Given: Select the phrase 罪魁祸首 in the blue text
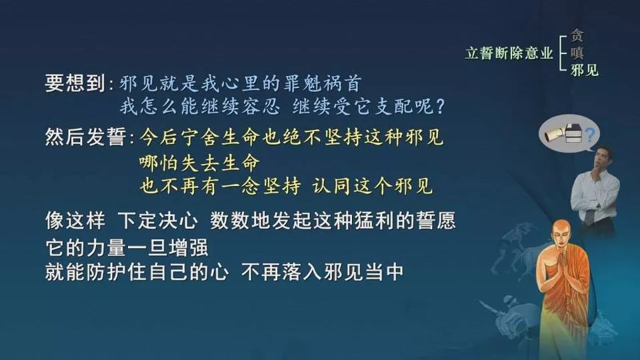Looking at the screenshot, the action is click(321, 83).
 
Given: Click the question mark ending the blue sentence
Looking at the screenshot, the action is click(440, 107).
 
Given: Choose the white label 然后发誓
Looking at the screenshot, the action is click(85, 137).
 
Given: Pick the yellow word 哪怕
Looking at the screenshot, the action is click(159, 163).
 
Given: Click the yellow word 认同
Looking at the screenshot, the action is click(332, 186).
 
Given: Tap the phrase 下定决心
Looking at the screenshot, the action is click(158, 221).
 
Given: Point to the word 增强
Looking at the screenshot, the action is click(189, 247).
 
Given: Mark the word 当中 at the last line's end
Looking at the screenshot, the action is click(385, 272).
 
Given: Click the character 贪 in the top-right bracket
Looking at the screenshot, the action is click(577, 35).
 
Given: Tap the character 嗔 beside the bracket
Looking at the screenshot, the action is click(577, 53).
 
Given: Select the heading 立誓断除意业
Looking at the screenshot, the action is click(509, 53).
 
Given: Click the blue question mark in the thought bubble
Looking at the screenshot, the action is click(590, 133).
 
